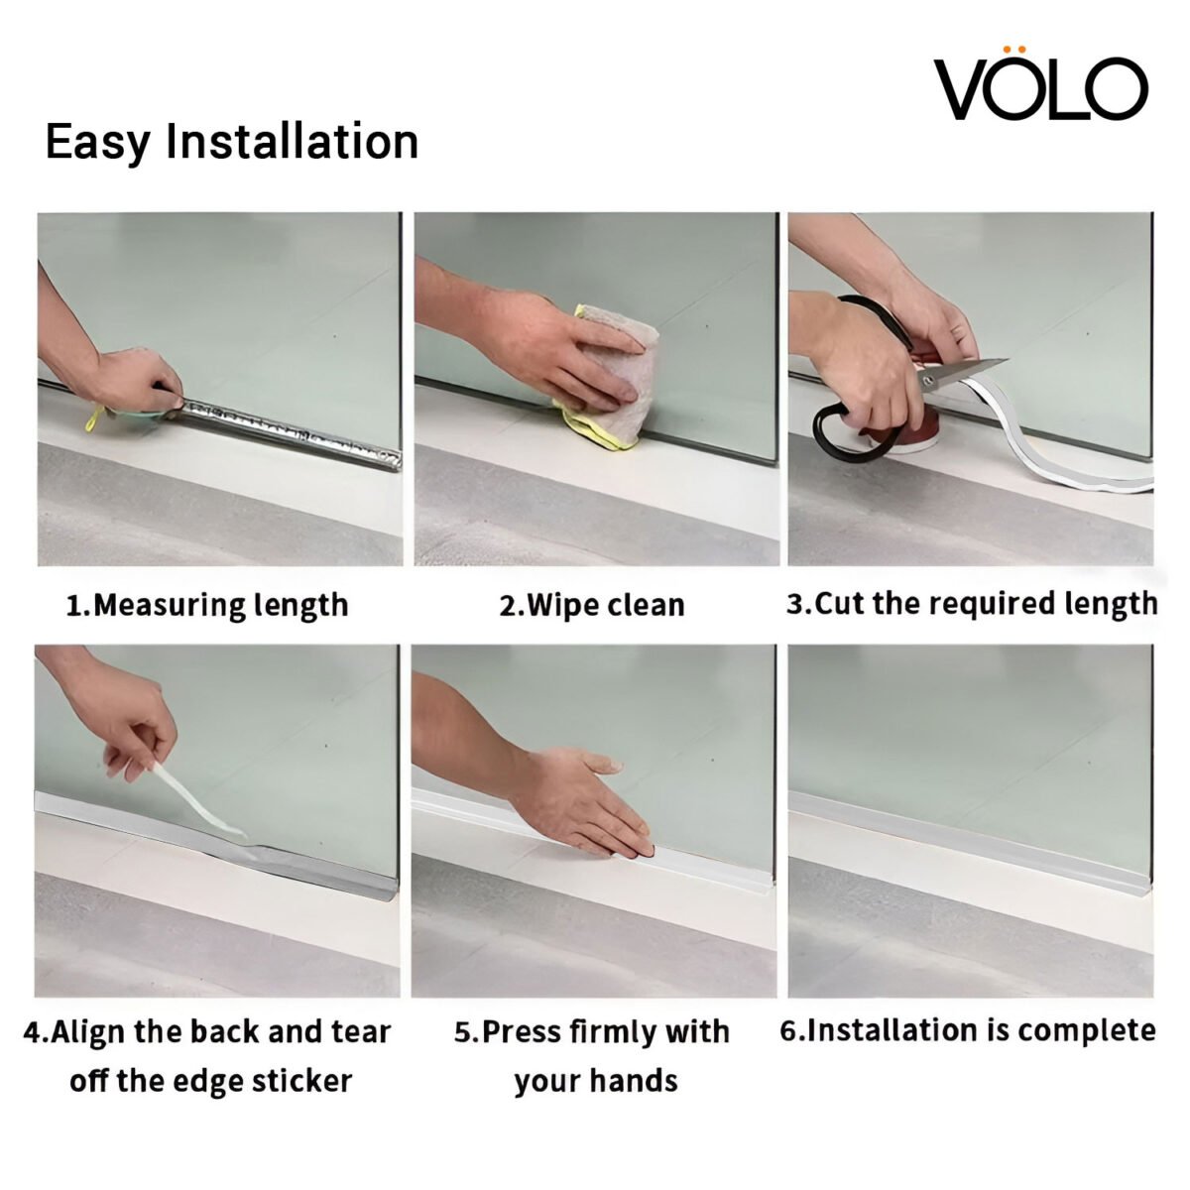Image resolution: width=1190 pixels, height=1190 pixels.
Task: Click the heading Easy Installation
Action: click(x=232, y=142)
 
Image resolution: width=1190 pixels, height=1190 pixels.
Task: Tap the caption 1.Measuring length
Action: click(x=207, y=605)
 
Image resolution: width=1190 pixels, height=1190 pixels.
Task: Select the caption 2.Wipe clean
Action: click(x=592, y=605)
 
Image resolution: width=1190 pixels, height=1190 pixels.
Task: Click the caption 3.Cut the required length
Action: click(x=972, y=603)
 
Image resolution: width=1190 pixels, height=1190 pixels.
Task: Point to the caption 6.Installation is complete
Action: click(x=968, y=1030)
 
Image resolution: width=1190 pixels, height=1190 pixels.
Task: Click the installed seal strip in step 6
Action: click(x=972, y=823)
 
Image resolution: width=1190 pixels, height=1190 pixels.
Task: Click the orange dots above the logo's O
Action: click(x=1013, y=48)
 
